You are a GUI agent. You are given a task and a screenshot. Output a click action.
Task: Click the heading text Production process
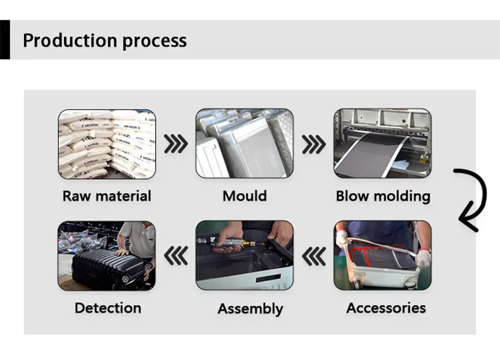click(104, 41)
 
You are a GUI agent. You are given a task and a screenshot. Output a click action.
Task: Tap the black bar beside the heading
click(4, 39)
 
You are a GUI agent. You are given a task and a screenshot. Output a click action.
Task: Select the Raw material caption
click(106, 196)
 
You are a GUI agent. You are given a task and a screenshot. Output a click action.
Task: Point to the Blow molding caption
click(382, 196)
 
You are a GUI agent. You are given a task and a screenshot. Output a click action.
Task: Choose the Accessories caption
click(385, 308)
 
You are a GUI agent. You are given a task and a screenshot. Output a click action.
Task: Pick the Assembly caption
click(250, 309)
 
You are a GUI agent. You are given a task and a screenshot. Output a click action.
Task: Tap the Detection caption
click(108, 308)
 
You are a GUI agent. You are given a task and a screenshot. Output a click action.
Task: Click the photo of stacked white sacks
click(106, 144)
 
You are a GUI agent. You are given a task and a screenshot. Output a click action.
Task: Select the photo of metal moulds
click(244, 144)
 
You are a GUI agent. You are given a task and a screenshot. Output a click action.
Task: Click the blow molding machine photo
click(382, 144)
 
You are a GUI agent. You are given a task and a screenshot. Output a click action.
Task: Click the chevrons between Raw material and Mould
click(176, 144)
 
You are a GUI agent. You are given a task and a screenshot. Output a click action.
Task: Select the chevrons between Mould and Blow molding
click(313, 144)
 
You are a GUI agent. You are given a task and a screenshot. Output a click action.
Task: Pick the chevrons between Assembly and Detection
click(176, 256)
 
